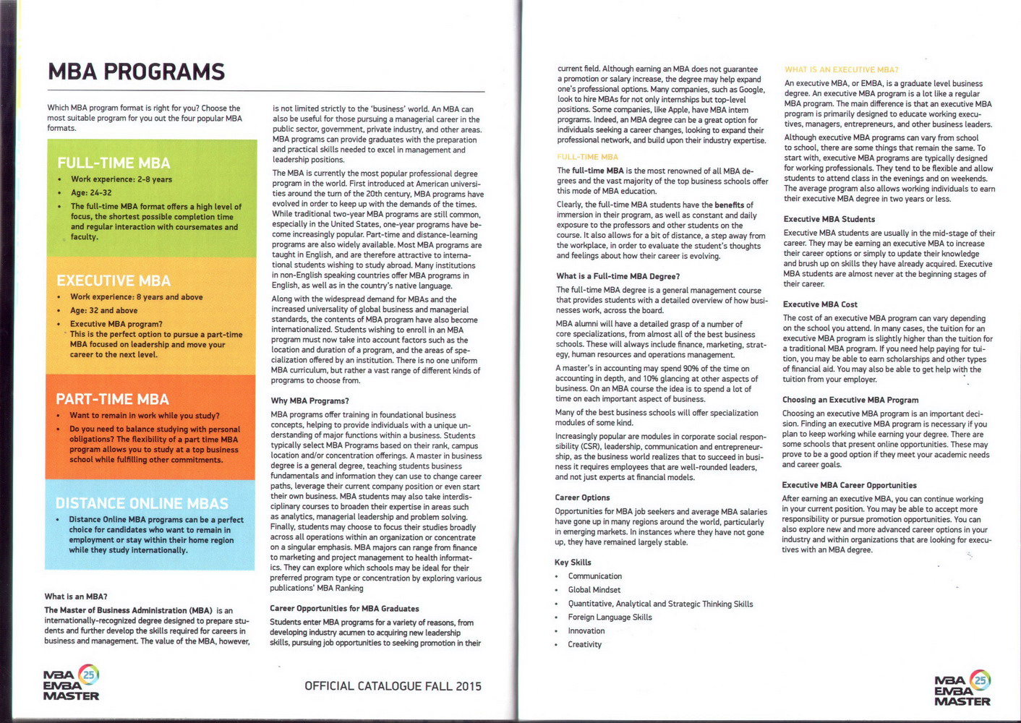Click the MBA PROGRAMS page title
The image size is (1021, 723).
(x=136, y=72)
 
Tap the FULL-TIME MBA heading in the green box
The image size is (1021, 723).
(x=114, y=163)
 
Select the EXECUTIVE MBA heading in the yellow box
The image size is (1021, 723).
(x=114, y=281)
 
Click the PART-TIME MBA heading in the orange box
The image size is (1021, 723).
(x=112, y=400)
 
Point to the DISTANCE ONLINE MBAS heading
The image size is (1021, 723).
(x=142, y=504)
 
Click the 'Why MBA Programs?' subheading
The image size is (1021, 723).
(x=309, y=401)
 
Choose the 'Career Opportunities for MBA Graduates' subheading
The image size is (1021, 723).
(x=344, y=609)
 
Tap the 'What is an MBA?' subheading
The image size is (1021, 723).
(x=76, y=596)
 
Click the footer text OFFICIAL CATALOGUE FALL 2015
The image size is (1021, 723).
(x=393, y=686)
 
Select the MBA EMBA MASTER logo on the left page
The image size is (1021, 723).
(x=71, y=683)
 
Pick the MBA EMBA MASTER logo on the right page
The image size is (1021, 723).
(x=962, y=688)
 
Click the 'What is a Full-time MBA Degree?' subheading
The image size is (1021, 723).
(x=618, y=276)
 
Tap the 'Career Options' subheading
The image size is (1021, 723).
(x=582, y=497)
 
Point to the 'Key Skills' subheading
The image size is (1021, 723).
(x=573, y=562)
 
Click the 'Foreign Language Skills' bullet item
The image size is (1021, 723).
(x=610, y=617)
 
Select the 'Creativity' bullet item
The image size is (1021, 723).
(x=584, y=644)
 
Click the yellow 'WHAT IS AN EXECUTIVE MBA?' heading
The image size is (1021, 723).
(x=842, y=70)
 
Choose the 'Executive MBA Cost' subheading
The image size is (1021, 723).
(x=820, y=304)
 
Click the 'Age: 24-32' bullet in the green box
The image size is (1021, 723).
(x=91, y=193)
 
